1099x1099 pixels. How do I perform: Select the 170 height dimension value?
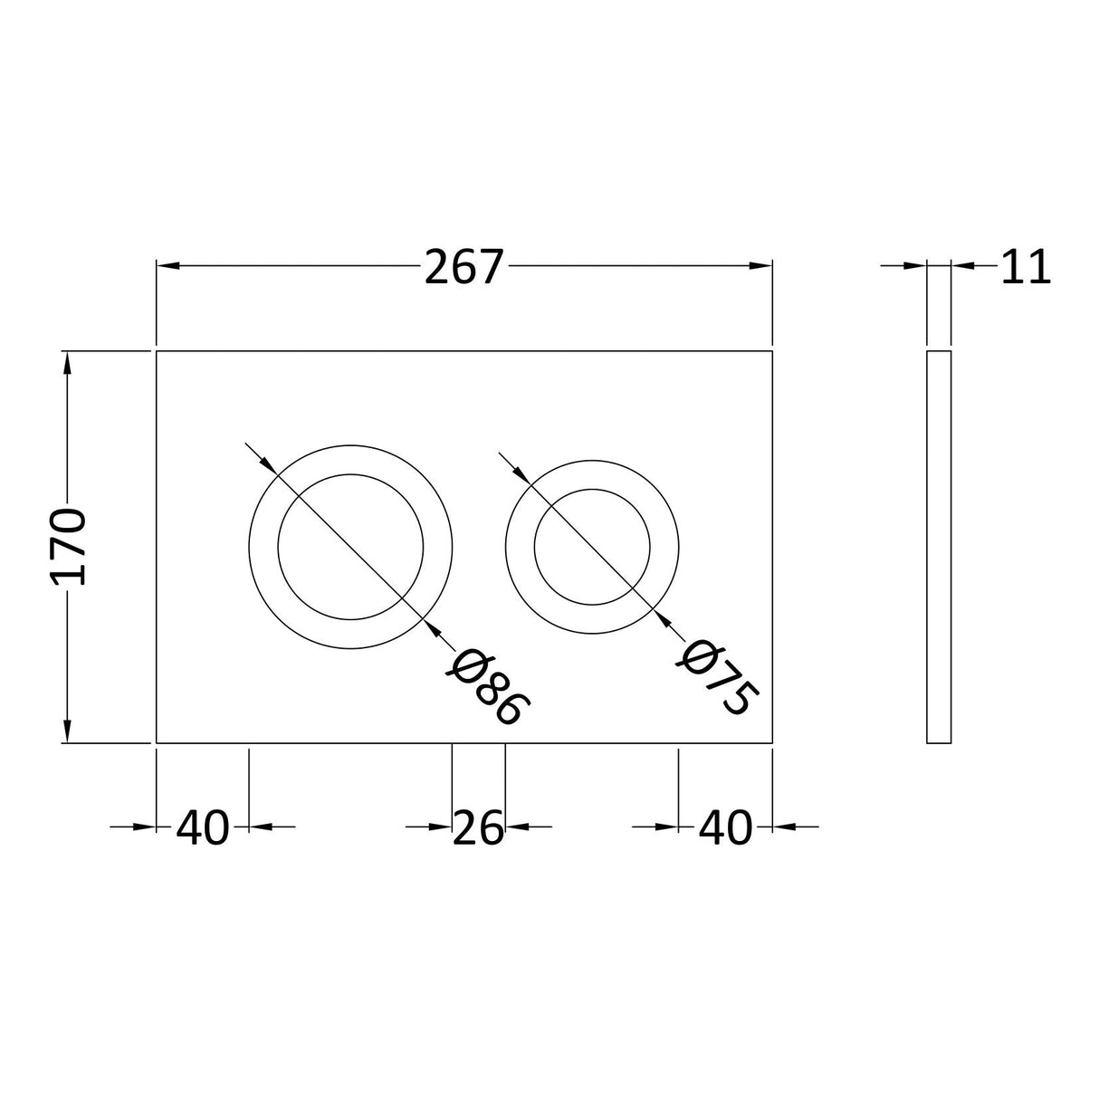pyautogui.click(x=69, y=547)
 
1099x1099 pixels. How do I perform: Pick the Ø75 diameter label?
pyautogui.click(x=716, y=678)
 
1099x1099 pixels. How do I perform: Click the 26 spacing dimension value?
pyautogui.click(x=478, y=827)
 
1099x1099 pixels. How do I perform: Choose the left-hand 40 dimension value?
pyautogui.click(x=203, y=827)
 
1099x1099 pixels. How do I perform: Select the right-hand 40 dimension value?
pyautogui.click(x=725, y=827)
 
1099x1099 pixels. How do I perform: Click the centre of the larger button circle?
pyautogui.click(x=349, y=547)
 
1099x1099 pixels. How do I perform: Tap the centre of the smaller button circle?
pyautogui.click(x=592, y=547)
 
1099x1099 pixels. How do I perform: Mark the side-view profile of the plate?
pyautogui.click(x=939, y=547)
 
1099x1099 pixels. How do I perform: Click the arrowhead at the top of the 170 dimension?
pyautogui.click(x=66, y=361)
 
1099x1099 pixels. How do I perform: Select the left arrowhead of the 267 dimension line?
pyautogui.click(x=168, y=265)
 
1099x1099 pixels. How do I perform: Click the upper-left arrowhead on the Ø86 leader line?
pyautogui.click(x=268, y=465)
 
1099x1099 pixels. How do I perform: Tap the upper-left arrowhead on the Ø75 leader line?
pyautogui.click(x=519, y=473)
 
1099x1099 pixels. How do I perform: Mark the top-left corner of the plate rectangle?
pyautogui.click(x=158, y=351)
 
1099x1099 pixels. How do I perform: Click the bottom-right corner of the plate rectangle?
pyautogui.click(x=771, y=743)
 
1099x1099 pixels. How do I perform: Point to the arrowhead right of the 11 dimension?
pyautogui.click(x=962, y=265)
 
